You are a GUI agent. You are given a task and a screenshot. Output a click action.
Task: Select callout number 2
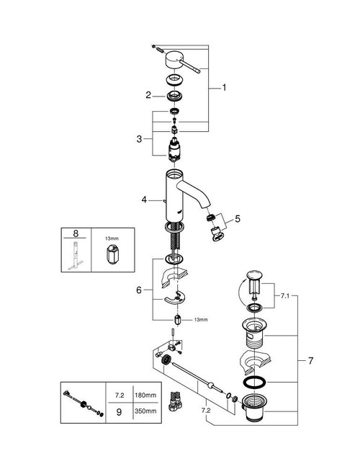(148, 94)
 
